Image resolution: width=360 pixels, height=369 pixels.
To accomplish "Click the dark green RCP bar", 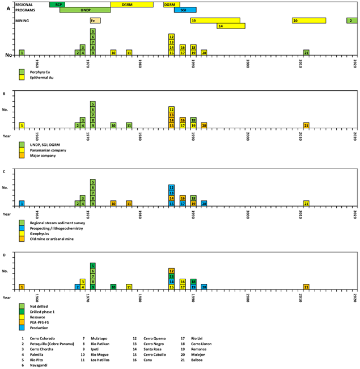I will (57, 4).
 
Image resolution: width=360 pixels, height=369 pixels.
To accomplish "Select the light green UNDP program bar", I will (85, 10).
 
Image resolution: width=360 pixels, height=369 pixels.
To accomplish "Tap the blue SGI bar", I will (185, 10).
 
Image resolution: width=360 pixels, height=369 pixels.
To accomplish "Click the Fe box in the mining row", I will (95, 20).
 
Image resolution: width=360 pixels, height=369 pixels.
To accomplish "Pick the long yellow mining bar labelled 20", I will (309, 20).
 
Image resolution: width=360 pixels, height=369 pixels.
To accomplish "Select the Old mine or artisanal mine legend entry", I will (54, 238).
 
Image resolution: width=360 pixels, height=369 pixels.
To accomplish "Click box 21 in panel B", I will (306, 125).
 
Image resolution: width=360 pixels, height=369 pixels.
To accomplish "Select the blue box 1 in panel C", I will (22, 203).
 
